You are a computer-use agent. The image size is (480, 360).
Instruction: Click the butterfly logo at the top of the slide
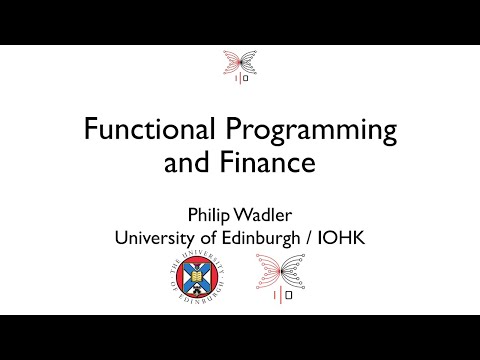(240, 68)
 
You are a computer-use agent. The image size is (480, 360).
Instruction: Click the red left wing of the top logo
(231, 62)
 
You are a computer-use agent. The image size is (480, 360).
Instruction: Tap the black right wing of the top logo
(249, 62)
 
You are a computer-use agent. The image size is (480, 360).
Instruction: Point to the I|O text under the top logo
(240, 80)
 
